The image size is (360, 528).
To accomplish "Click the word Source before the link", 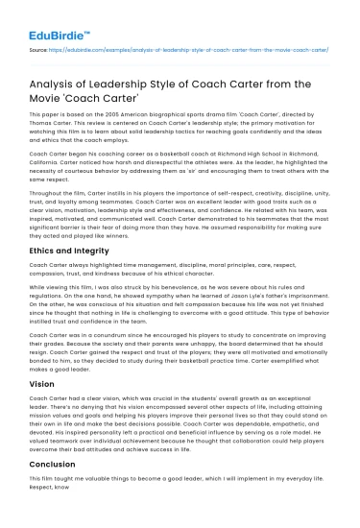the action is point(39,45).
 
